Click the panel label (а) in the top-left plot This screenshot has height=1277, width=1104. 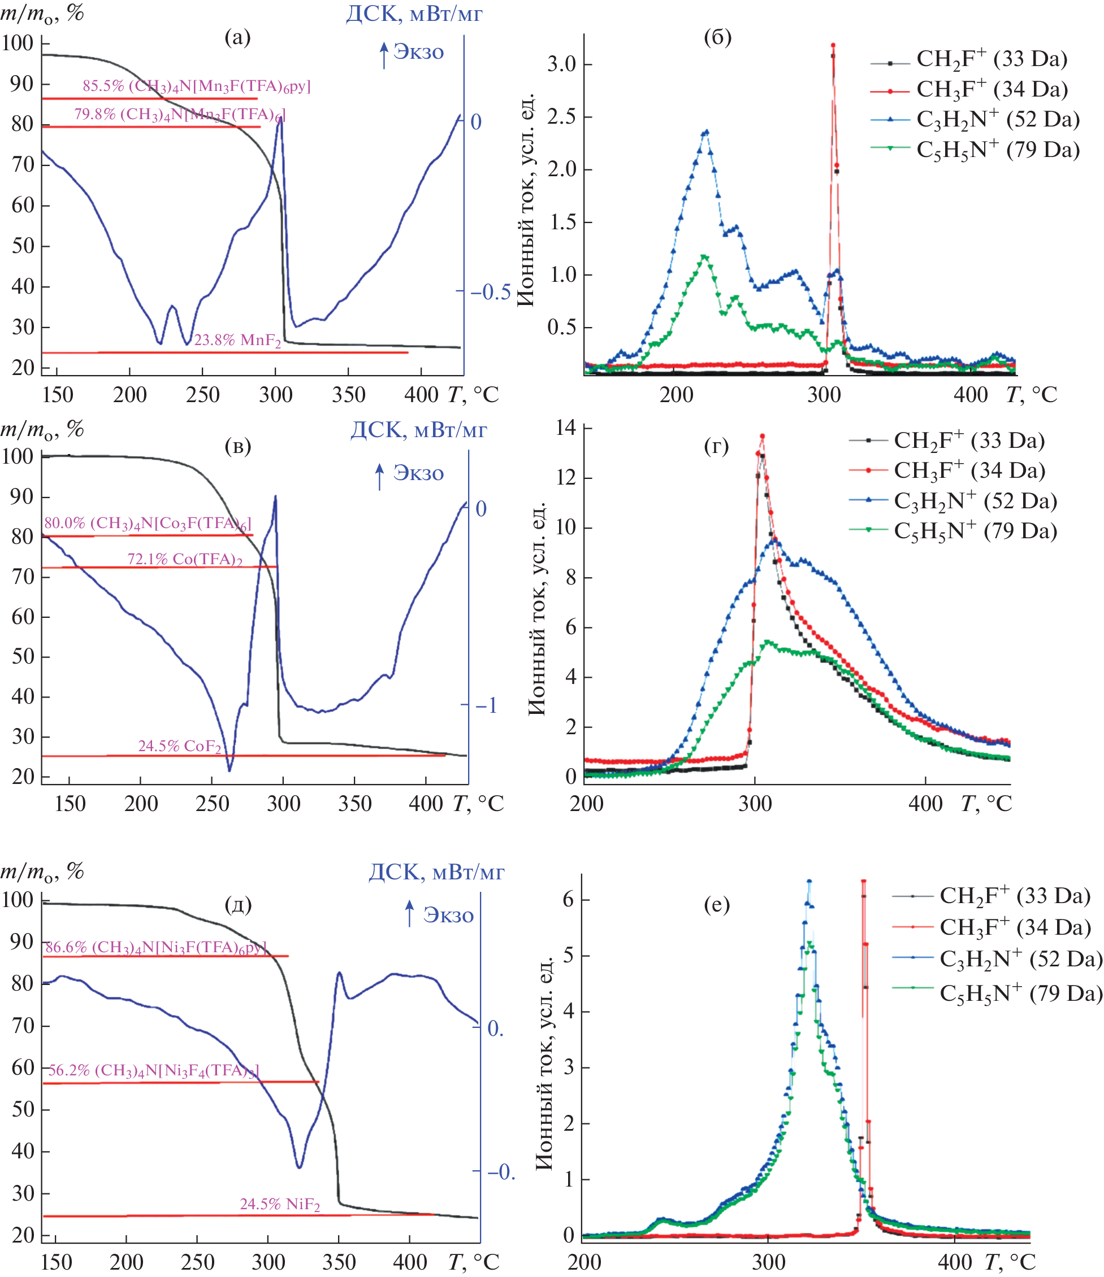click(x=237, y=38)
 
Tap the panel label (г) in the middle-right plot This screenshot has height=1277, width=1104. click(x=716, y=445)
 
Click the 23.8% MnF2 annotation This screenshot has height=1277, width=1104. click(x=237, y=340)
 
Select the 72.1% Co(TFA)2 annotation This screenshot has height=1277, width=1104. click(x=184, y=559)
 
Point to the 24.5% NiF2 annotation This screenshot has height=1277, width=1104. click(x=279, y=1204)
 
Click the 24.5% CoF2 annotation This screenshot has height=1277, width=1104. click(x=179, y=746)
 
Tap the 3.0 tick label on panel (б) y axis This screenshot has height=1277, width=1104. click(x=561, y=64)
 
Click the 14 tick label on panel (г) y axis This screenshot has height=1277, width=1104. click(x=566, y=428)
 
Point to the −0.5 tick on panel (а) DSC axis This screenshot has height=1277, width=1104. click(x=490, y=291)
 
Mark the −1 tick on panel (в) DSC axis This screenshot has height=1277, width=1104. click(x=486, y=705)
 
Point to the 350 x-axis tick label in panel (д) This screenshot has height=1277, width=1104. click(x=339, y=1262)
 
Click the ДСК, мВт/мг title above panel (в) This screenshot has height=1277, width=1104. click(x=418, y=430)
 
